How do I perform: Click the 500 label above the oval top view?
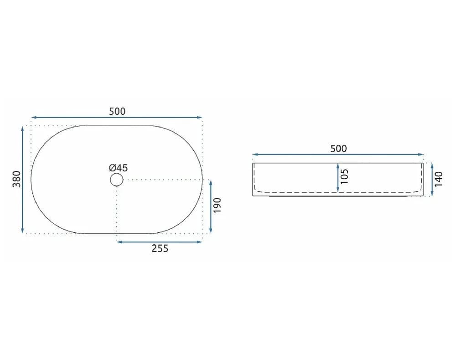click(x=117, y=111)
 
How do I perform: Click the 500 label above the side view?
click(x=338, y=149)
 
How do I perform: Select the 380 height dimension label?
click(x=17, y=179)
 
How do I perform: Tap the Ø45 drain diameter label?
click(x=119, y=168)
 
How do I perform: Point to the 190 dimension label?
click(x=217, y=206)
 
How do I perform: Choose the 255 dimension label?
click(x=160, y=248)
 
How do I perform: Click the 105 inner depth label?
click(x=344, y=176)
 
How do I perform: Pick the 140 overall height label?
click(x=439, y=179)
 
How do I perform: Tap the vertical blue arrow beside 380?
click(x=23, y=180)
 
